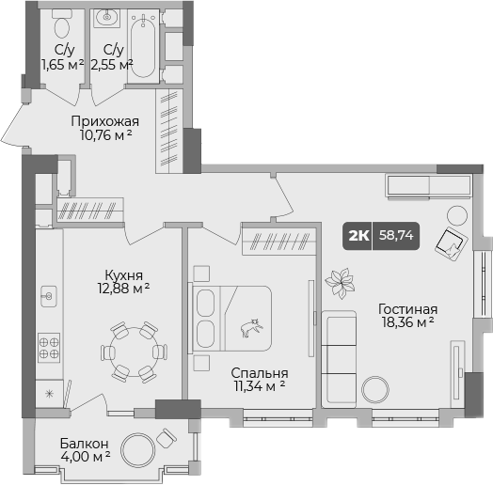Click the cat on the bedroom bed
251,328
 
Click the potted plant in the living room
338,279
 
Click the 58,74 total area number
396,236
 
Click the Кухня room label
124,275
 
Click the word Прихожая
105,120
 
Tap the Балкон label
84,443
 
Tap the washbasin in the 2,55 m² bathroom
106,16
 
